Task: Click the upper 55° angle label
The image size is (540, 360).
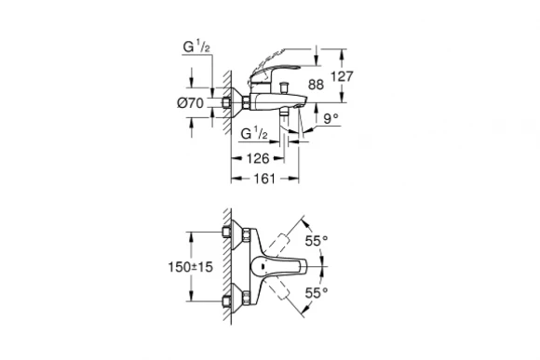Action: pos(318,240)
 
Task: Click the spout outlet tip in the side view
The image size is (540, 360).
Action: pos(302,106)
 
